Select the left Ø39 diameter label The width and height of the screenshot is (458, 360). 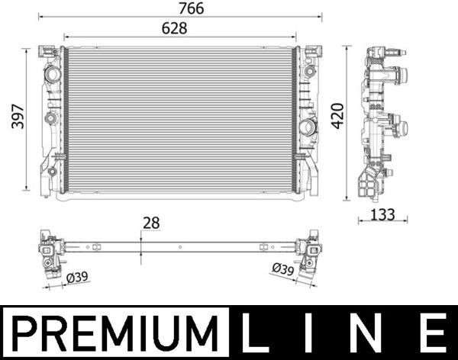coord(77,278)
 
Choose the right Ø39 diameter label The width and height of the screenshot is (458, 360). coord(283,268)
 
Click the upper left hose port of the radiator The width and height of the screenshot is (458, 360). coord(52,76)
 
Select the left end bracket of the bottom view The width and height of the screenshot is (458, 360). coord(51,254)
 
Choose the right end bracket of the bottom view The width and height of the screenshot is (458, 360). coord(310,254)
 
